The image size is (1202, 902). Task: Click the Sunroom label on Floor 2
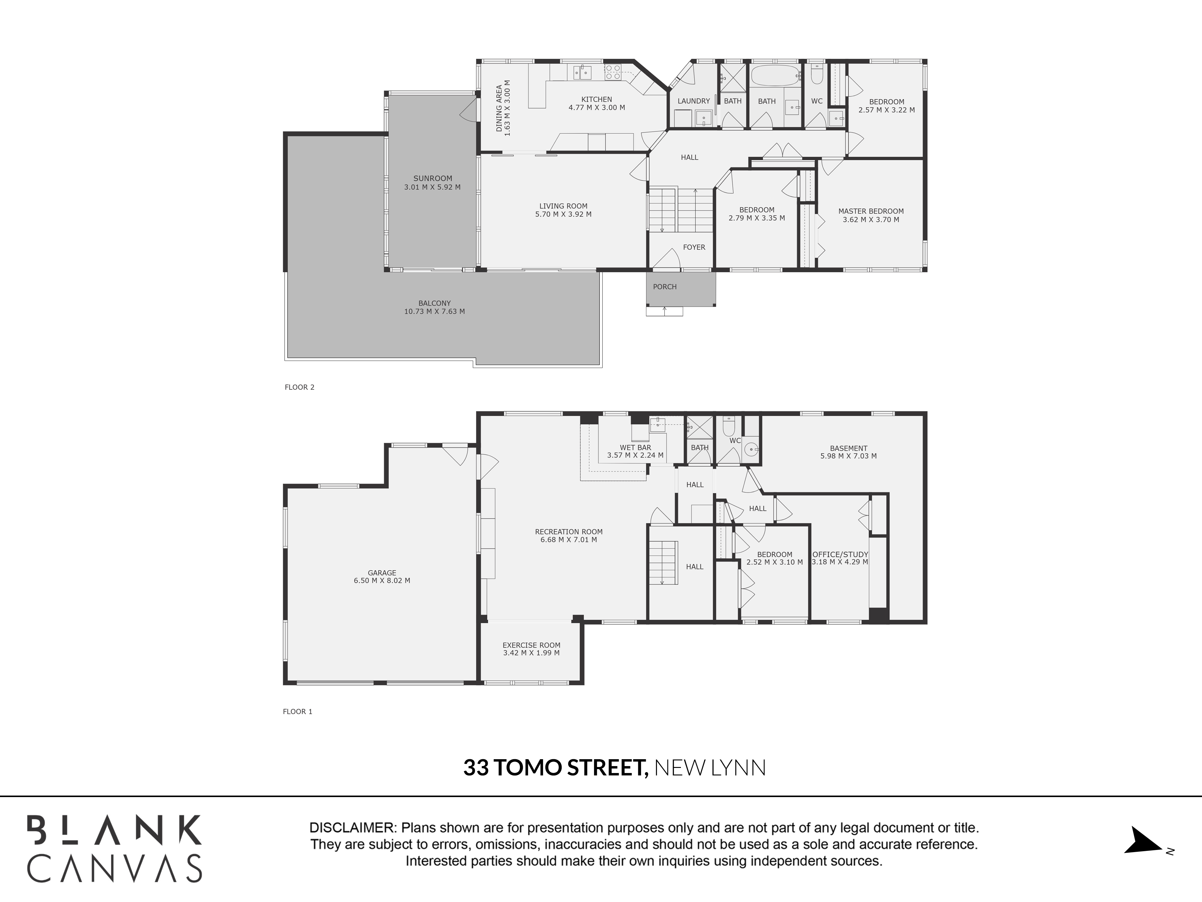tap(432, 178)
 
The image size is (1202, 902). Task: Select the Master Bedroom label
tap(871, 211)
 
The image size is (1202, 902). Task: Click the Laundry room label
tap(693, 101)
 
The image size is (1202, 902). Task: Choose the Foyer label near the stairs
tap(694, 247)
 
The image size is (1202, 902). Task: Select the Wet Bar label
tap(635, 448)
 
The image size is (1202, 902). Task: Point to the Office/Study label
tap(840, 554)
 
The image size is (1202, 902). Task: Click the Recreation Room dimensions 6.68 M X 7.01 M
tap(569, 540)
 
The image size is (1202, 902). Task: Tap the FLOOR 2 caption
tap(299, 387)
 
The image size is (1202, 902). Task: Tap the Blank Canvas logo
tap(115, 848)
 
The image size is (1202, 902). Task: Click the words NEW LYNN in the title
tap(710, 768)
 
